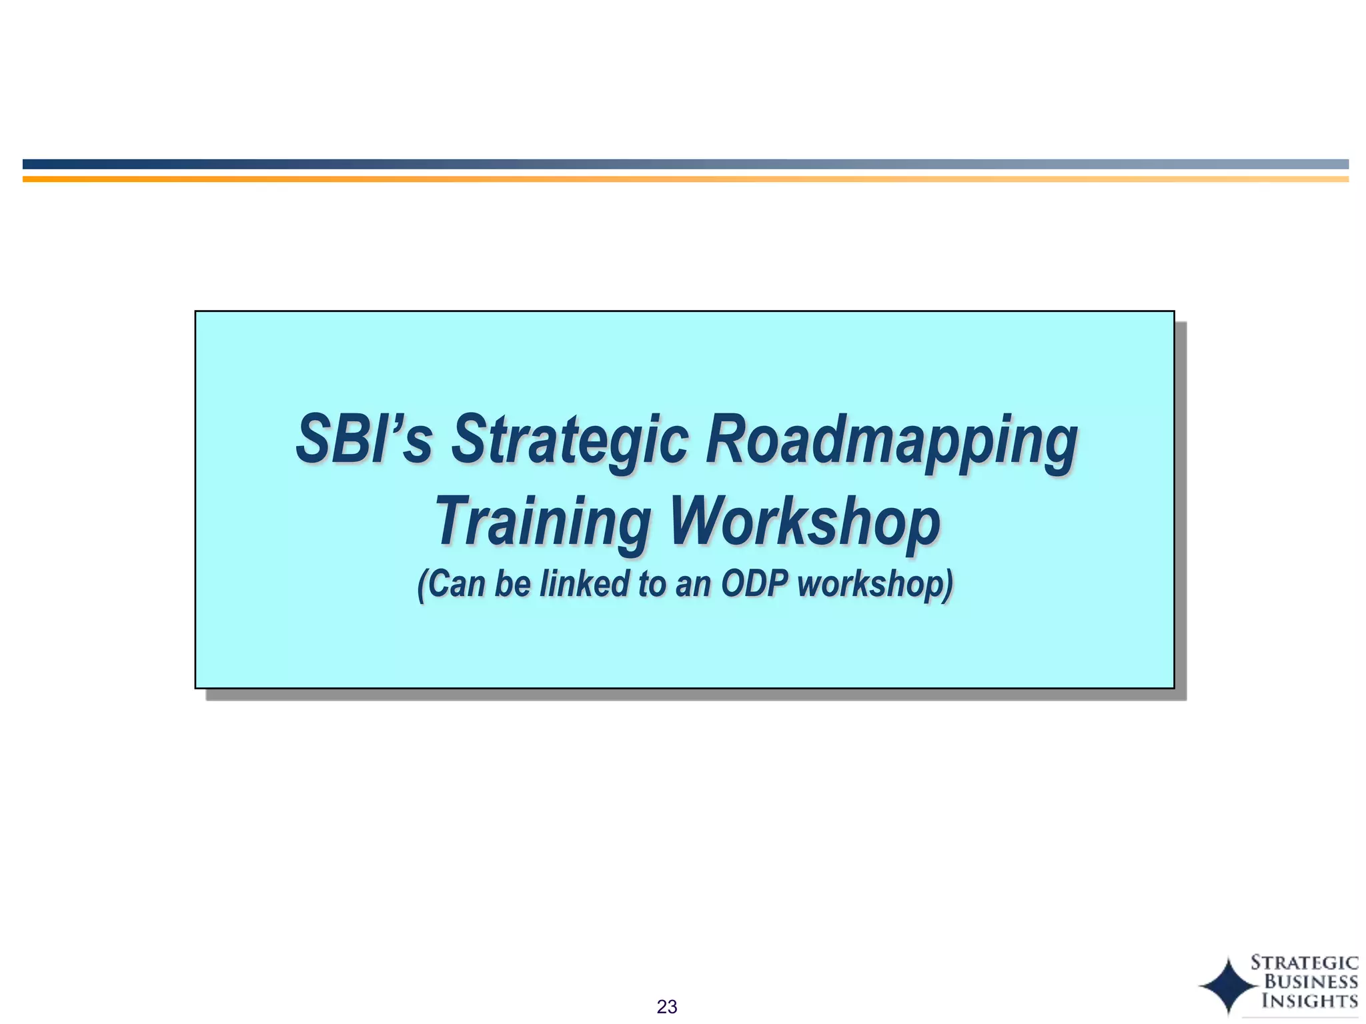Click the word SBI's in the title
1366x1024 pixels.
[364, 439]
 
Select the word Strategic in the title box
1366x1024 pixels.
[570, 441]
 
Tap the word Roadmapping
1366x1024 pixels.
[891, 441]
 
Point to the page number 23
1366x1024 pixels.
[667, 1007]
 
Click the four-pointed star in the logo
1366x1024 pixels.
[1229, 985]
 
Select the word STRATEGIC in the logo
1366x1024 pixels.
[1304, 963]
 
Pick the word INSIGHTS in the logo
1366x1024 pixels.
[1310, 1001]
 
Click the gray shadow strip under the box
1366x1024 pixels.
[694, 695]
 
